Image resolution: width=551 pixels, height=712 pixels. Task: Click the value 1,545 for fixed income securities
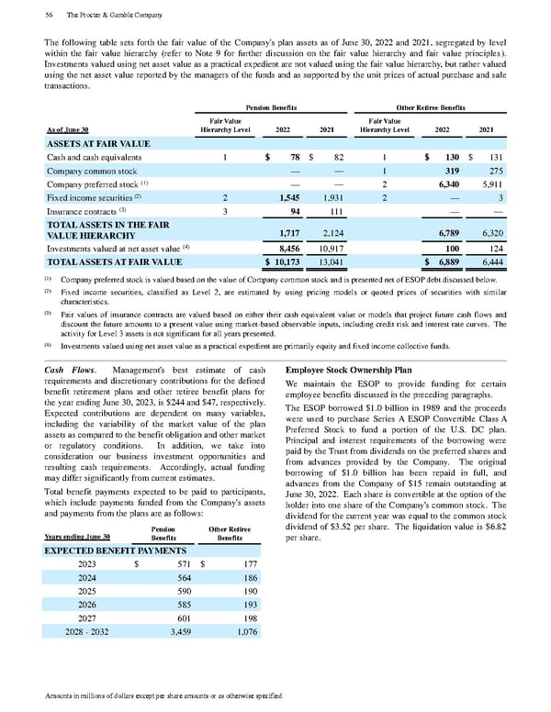coord(290,197)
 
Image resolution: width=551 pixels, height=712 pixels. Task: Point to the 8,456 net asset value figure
coord(290,248)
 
